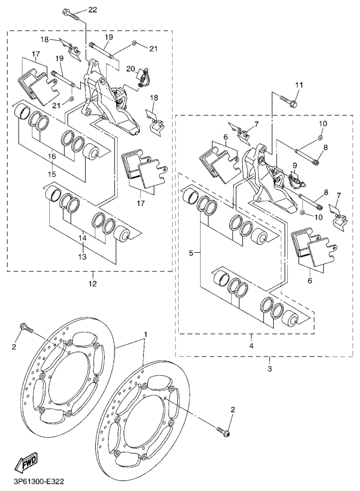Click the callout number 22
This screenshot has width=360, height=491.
(x=93, y=10)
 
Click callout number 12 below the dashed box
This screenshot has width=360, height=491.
(x=93, y=283)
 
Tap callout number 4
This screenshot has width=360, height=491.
(x=251, y=345)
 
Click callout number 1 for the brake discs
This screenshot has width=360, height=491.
(x=144, y=334)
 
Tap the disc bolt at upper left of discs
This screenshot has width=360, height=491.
(x=25, y=327)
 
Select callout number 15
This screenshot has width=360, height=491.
(x=51, y=173)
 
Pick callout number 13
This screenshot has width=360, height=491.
(x=82, y=256)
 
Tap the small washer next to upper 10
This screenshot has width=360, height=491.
(x=320, y=138)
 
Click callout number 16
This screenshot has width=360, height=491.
(x=51, y=156)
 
